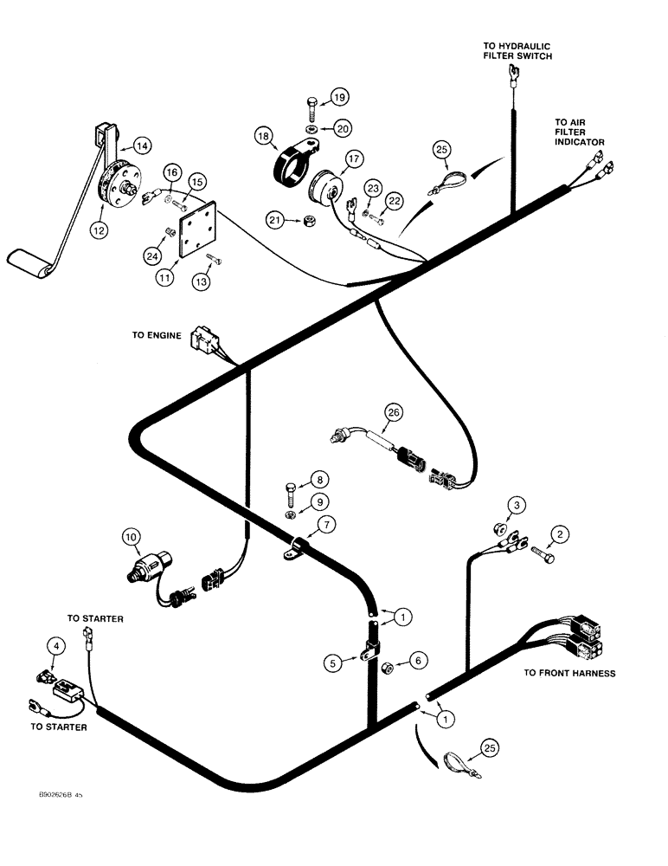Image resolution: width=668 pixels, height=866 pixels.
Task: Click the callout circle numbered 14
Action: point(141,145)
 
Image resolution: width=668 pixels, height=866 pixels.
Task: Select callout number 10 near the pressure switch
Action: point(131,538)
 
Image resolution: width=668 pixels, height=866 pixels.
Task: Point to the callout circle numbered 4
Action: point(55,644)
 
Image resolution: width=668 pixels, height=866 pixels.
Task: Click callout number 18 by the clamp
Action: point(262,135)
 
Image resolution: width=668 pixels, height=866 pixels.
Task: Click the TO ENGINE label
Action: point(157,335)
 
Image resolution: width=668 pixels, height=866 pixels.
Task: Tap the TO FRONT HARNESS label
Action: point(569,673)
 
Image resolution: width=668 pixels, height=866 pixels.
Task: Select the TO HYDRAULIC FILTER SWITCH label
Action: point(517,50)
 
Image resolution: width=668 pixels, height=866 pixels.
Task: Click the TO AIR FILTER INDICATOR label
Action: point(579,132)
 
